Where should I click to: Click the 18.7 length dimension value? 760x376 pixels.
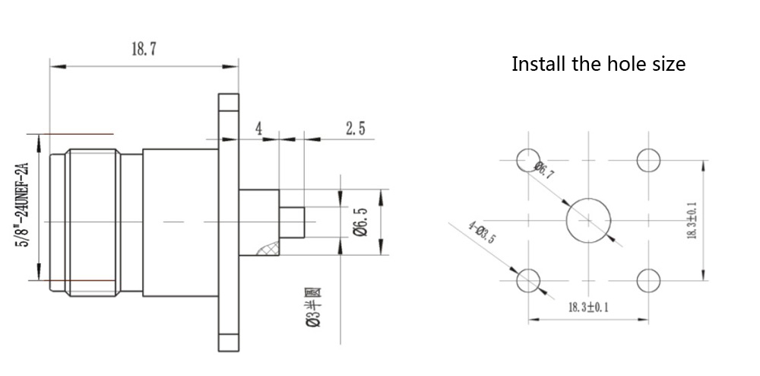click(144, 49)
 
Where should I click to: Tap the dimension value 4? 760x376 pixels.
click(258, 128)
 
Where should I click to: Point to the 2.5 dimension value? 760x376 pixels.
click(355, 128)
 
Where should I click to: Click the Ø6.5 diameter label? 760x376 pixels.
click(361, 221)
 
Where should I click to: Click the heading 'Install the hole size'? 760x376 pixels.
click(598, 64)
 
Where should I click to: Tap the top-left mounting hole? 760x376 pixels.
click(527, 161)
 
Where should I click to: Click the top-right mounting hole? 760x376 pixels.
click(648, 161)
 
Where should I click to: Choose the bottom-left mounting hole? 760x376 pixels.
click(528, 280)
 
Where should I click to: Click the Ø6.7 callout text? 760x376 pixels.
click(544, 171)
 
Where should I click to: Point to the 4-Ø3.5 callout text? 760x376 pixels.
click(482, 232)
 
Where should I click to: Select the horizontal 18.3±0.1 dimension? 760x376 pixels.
click(588, 307)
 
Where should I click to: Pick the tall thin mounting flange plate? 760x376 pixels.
click(228, 221)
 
